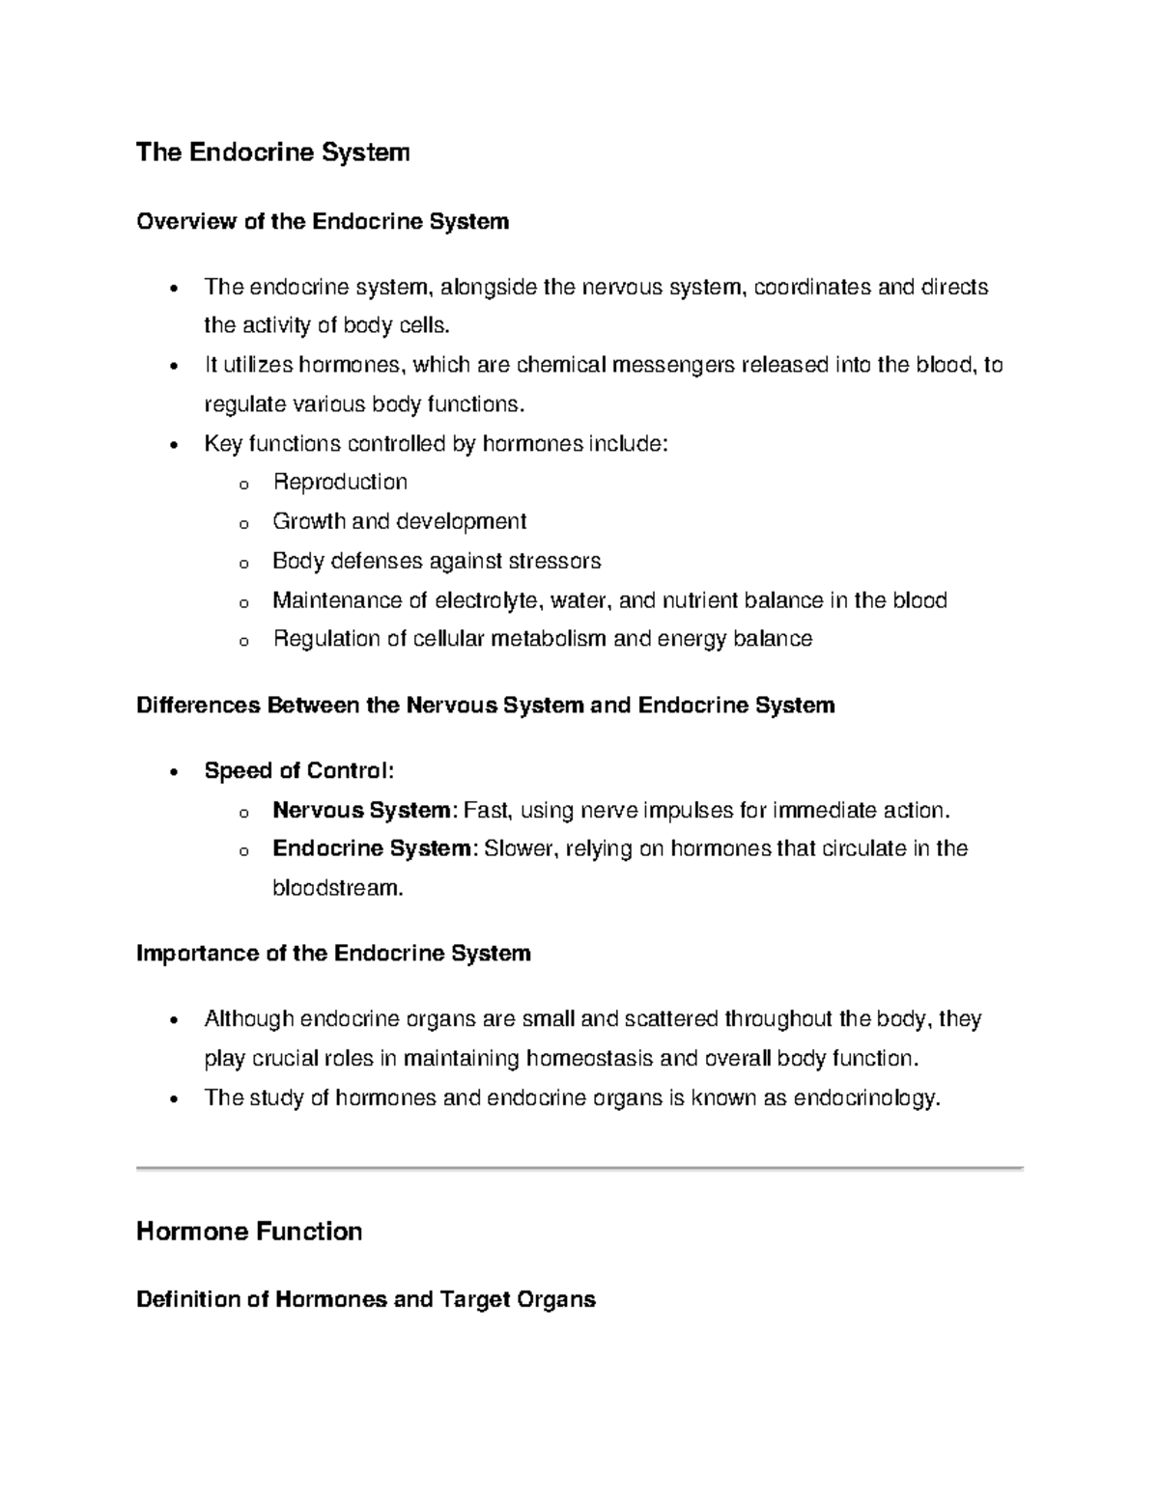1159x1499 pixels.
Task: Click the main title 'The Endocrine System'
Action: [x=273, y=153]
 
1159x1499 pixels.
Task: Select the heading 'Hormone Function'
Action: [x=249, y=1231]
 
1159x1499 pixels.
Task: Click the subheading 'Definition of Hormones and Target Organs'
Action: [x=366, y=1299]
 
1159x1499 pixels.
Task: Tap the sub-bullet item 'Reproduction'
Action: [x=340, y=482]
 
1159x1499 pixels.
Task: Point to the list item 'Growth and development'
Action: [x=399, y=521]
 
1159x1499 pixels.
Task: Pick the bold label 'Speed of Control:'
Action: [x=299, y=770]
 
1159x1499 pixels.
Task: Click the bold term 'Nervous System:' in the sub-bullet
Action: [x=364, y=810]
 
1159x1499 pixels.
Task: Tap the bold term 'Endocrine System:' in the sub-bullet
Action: [x=375, y=848]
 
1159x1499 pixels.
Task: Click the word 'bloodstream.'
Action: [x=337, y=888]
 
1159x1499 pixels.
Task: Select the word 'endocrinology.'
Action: [x=866, y=1098]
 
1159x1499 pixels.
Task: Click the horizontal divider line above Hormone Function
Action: [x=579, y=1168]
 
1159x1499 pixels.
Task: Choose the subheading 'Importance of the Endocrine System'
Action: [x=333, y=954]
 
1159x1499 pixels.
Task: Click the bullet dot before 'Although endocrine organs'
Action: [x=173, y=1021]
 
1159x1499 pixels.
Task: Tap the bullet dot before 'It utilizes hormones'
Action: [x=173, y=367]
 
